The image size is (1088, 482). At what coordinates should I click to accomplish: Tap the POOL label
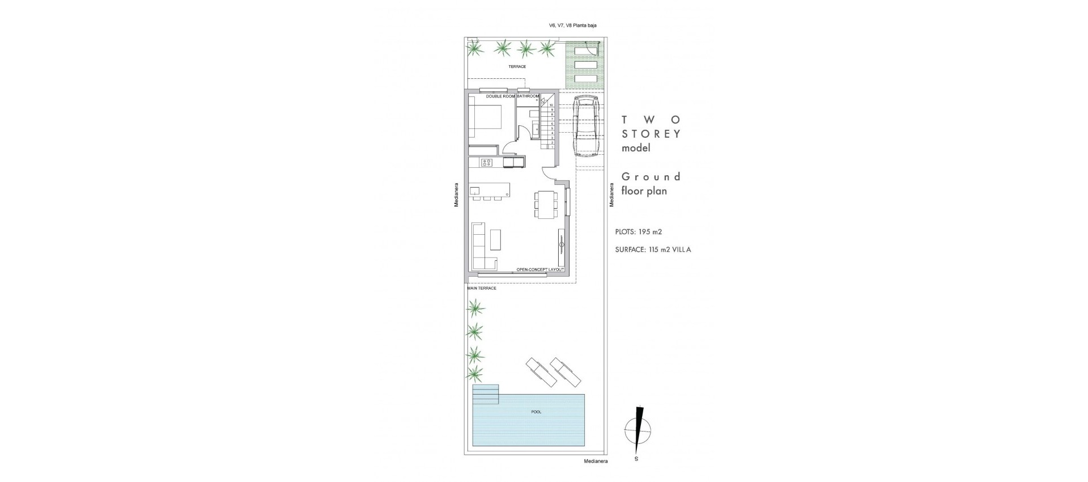(536, 412)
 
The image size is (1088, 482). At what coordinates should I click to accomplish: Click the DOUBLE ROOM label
(500, 96)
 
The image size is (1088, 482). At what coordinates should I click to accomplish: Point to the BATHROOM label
(528, 96)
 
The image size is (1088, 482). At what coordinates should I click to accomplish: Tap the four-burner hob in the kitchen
(90, 163)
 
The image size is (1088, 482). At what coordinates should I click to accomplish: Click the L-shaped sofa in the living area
(481, 247)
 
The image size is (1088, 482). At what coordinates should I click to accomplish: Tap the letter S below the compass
(636, 459)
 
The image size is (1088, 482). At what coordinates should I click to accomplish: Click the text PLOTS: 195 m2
(639, 232)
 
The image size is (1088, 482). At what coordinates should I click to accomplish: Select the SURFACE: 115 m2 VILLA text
(653, 250)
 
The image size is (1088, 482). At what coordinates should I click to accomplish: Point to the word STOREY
(651, 134)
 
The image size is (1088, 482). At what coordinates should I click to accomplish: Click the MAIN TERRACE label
(481, 288)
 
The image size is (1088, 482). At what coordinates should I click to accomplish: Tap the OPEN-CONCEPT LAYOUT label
(540, 269)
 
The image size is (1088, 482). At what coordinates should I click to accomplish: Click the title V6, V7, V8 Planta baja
(572, 25)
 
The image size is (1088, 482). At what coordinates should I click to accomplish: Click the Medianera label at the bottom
(596, 462)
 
